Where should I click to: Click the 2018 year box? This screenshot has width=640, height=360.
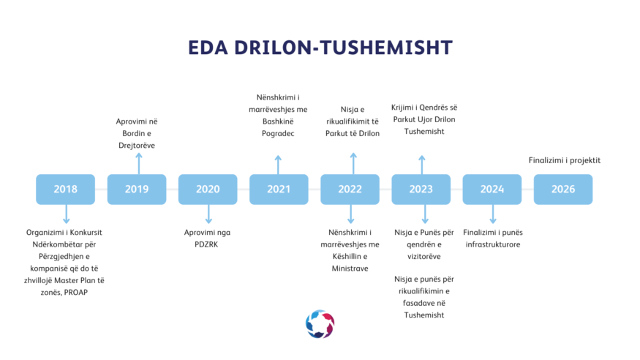[65, 190]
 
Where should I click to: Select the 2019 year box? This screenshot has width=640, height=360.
[137, 190]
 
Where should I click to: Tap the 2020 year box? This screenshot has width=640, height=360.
[208, 190]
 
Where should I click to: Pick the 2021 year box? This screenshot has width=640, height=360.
[279, 190]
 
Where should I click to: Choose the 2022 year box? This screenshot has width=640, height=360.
[350, 190]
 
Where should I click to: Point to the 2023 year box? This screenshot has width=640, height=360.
[421, 190]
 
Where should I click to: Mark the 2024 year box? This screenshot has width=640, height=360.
[492, 190]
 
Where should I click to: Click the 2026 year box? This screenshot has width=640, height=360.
[563, 190]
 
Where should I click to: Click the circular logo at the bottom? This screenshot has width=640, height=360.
[320, 324]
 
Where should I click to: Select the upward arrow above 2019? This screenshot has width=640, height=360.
[139, 164]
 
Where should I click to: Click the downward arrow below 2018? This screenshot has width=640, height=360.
[66, 214]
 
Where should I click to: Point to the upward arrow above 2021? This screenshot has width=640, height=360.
[278, 165]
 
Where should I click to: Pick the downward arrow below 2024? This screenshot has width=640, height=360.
[493, 214]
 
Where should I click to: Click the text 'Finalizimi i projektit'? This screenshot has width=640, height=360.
[565, 160]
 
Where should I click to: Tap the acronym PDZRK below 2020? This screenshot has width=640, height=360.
[206, 244]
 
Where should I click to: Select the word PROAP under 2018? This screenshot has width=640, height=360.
[76, 293]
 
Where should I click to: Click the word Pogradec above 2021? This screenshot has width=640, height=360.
[278, 133]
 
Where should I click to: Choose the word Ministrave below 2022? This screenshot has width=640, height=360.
[350, 269]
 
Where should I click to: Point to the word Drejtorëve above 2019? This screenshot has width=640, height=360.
[137, 146]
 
